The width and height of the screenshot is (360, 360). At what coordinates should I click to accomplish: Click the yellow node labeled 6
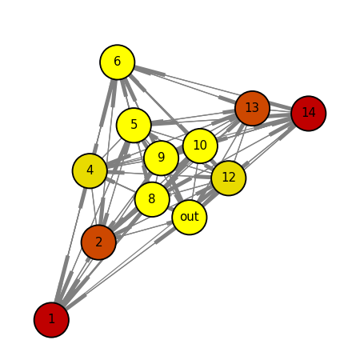click(118, 62)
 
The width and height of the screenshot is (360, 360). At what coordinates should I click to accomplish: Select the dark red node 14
click(309, 114)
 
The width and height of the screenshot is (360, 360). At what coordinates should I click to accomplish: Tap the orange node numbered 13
click(252, 108)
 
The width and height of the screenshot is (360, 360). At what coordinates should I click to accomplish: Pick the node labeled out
click(190, 217)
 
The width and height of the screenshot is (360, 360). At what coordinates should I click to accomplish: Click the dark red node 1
click(51, 320)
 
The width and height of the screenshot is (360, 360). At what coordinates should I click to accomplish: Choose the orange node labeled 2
click(98, 242)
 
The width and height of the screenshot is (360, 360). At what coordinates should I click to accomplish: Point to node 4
click(90, 170)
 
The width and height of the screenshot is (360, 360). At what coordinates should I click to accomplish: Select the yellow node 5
click(134, 125)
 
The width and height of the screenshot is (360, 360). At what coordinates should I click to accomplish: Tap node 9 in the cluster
click(161, 158)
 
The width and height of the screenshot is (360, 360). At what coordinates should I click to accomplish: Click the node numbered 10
click(200, 146)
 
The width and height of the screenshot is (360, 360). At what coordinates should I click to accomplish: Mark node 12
click(229, 178)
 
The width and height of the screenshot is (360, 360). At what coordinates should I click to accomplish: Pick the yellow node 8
click(152, 199)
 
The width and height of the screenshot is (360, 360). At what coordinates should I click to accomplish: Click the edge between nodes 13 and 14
click(280, 110)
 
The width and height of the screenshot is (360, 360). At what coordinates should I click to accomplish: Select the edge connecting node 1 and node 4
click(70, 246)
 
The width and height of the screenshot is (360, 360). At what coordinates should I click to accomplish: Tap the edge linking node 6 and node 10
click(159, 104)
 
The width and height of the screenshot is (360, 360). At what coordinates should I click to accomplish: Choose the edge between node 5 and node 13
click(193, 117)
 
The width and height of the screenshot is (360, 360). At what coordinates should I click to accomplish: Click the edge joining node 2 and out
click(144, 230)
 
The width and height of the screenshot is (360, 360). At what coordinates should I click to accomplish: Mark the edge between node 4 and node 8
click(121, 185)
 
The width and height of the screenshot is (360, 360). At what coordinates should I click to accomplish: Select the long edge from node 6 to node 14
click(213, 87)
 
